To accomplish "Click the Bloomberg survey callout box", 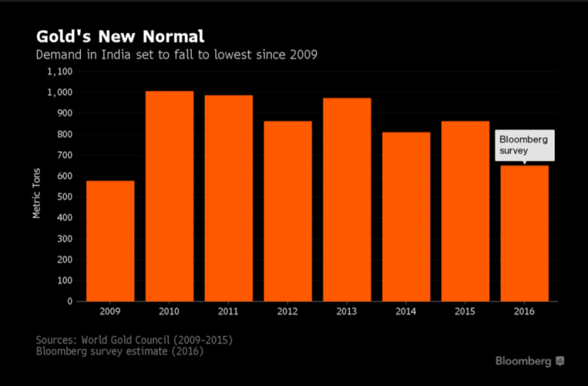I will [524, 146].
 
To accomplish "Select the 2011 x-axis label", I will [229, 312].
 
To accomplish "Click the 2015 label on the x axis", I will [465, 312].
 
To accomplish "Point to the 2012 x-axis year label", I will [287, 312].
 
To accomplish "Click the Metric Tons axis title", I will [36, 194].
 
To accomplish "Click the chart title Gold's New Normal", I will [119, 37].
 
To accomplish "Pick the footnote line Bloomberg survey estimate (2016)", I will [119, 351].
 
